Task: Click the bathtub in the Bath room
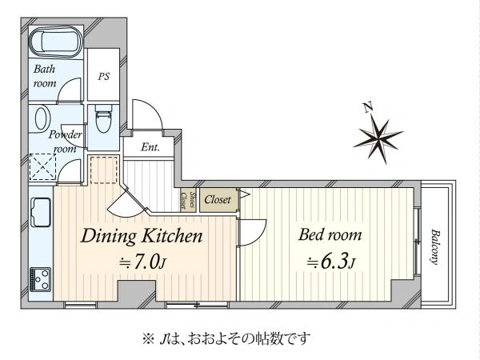click(56, 42)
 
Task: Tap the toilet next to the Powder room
click(103, 119)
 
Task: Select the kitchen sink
click(41, 212)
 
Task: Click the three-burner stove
click(40, 280)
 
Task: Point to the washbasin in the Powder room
click(42, 118)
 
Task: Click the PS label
click(104, 76)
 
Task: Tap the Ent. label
click(150, 147)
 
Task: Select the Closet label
click(218, 200)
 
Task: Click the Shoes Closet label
click(188, 200)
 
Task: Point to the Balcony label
click(434, 246)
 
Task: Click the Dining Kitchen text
click(142, 237)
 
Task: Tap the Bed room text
click(330, 235)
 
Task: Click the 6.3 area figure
click(334, 262)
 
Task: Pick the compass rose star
click(378, 139)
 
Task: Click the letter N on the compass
click(368, 107)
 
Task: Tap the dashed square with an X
click(42, 167)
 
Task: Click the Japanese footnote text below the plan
click(226, 339)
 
